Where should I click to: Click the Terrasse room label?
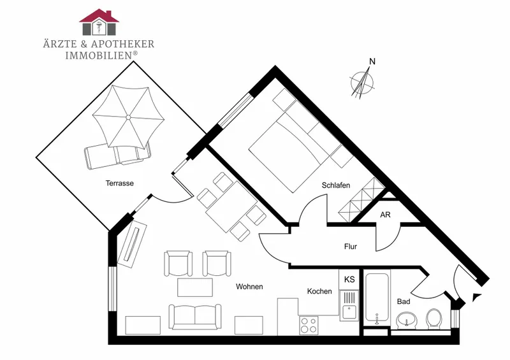click(x=119, y=183)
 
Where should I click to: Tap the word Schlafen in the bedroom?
click(x=336, y=185)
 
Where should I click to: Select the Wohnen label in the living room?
click(x=249, y=287)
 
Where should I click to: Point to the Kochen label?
click(x=319, y=291)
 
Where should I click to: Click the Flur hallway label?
click(x=351, y=247)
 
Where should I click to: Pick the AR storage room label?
click(x=385, y=215)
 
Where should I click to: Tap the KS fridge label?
click(x=349, y=279)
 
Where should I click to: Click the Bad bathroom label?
click(x=404, y=301)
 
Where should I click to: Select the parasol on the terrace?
click(x=128, y=117)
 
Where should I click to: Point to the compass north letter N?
click(x=372, y=61)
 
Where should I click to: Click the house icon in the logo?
click(x=99, y=22)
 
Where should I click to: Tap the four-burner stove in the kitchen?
click(x=309, y=325)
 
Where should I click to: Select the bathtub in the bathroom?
click(x=377, y=298)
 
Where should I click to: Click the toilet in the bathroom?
click(x=434, y=318)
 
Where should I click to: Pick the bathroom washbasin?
click(x=407, y=319)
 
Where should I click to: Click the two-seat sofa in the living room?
click(x=195, y=317)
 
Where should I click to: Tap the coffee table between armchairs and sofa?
click(x=195, y=287)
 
